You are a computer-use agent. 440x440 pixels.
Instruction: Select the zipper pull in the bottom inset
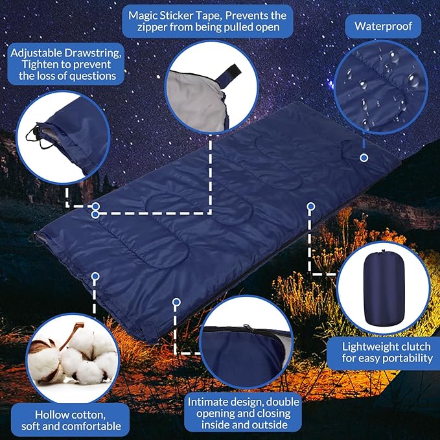coord(244,329)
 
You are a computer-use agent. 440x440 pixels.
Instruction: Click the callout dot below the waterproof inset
coord(364,157)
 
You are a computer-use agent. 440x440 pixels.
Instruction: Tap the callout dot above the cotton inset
coord(95,276)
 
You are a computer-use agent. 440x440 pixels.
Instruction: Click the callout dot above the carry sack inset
coord(310,207)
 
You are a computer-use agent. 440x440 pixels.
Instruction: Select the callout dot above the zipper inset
coord(176,301)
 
